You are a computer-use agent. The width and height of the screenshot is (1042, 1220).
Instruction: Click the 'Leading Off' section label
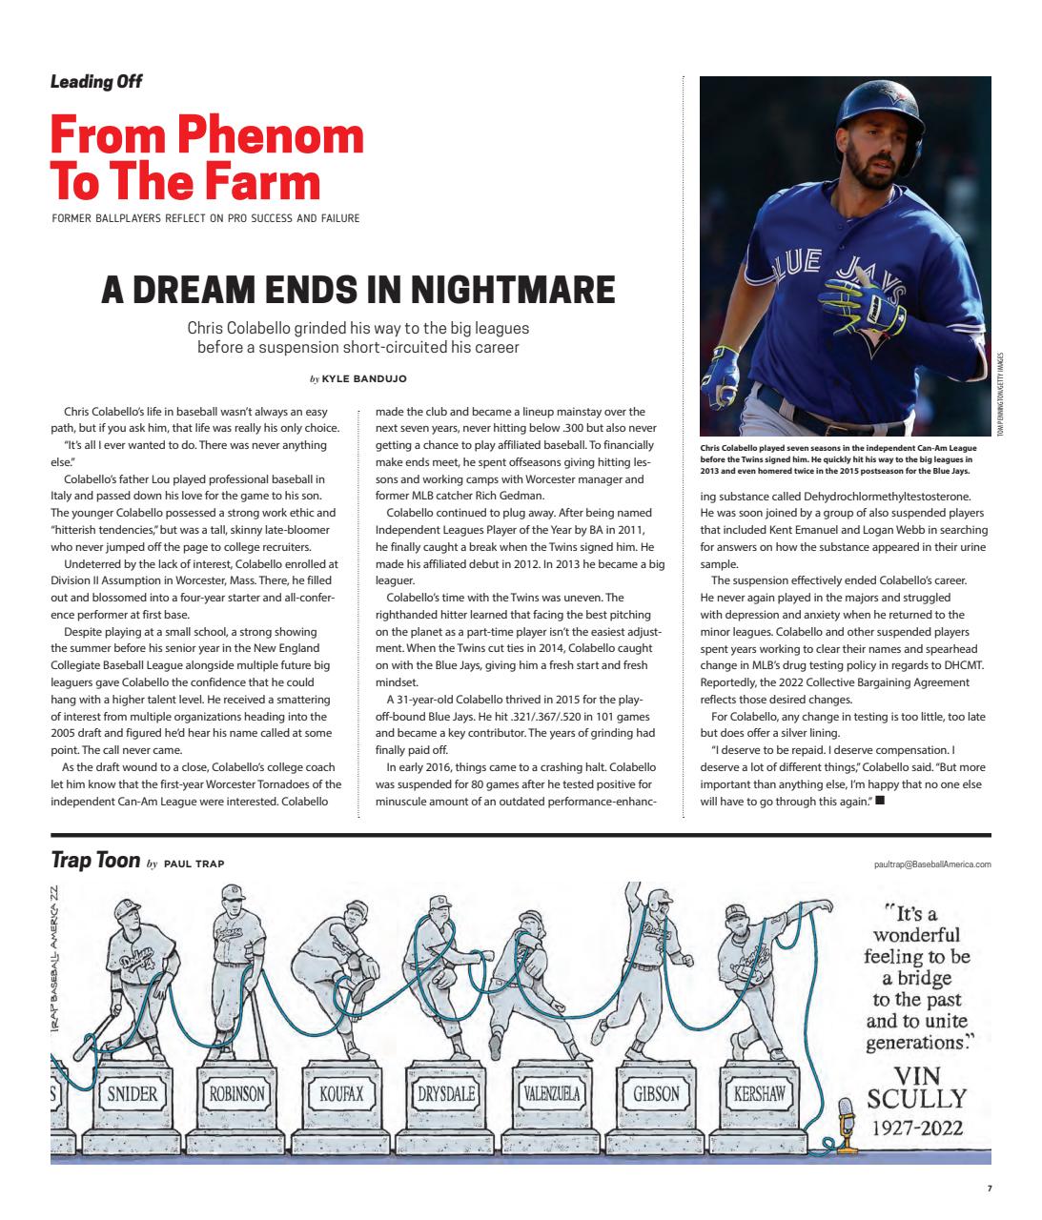[95, 81]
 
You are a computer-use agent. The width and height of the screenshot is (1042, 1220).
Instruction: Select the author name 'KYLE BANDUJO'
[364, 378]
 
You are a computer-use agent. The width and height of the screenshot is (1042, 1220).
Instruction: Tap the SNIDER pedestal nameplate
[132, 1093]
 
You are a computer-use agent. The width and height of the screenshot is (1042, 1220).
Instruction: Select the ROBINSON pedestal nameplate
[236, 1093]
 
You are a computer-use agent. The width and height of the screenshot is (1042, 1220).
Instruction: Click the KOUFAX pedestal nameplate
[340, 1093]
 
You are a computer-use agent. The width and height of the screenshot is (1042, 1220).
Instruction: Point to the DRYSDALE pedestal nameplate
[445, 1093]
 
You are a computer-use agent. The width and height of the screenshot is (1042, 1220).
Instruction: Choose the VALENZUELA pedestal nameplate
[550, 1093]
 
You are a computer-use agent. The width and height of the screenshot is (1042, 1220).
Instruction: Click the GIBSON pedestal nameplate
[656, 1093]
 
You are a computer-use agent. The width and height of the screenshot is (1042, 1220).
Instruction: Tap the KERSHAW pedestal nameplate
[759, 1093]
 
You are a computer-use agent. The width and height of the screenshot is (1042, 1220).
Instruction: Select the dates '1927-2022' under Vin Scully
[916, 1128]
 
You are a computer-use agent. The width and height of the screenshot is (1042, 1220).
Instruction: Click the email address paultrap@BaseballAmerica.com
[931, 864]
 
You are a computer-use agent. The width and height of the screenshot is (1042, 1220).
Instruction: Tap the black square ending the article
[879, 801]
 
